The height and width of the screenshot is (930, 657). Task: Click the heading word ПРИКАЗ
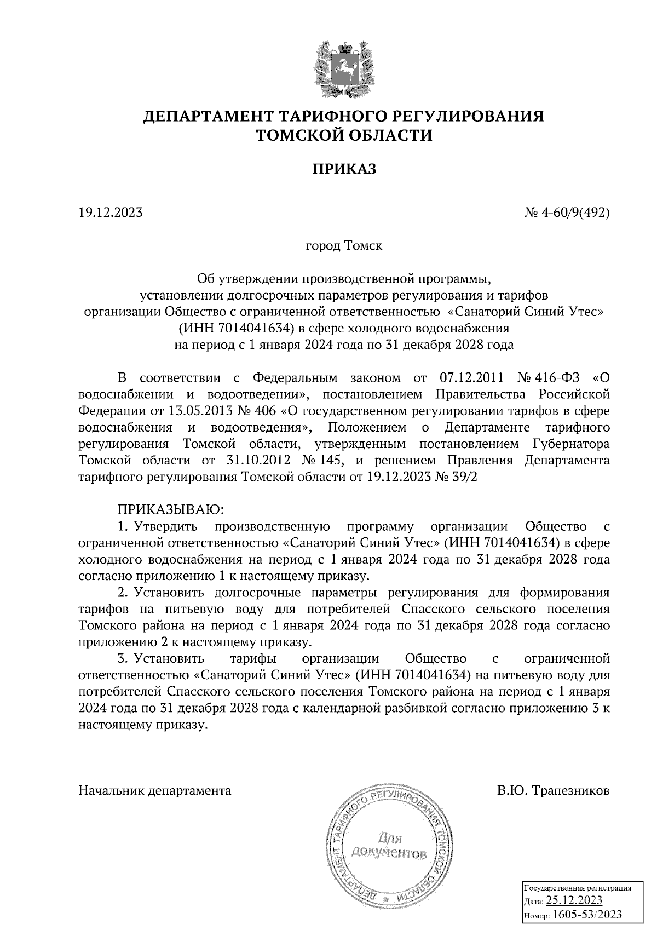[x=344, y=170]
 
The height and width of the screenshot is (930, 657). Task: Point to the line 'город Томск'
[x=344, y=245]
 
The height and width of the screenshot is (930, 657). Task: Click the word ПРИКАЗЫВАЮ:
[x=170, y=510]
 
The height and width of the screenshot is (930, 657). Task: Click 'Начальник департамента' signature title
[x=155, y=790]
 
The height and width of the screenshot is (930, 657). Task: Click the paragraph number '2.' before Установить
[x=123, y=592]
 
